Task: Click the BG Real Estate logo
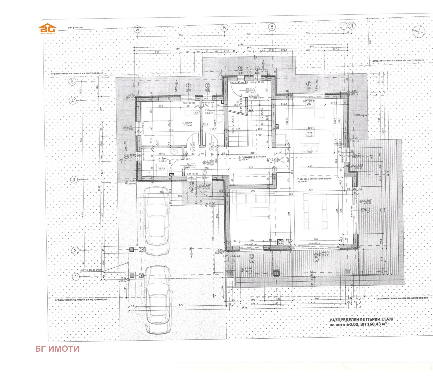click(x=48, y=29)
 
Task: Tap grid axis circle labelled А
click(x=138, y=29)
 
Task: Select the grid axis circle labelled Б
click(x=224, y=27)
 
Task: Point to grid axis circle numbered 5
click(x=72, y=81)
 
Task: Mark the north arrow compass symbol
click(x=418, y=32)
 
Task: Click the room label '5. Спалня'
click(x=187, y=124)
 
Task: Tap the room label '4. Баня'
click(x=162, y=160)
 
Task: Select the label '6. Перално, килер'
click(x=214, y=111)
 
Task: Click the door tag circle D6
click(x=252, y=90)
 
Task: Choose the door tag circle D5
click(x=271, y=160)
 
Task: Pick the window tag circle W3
click(x=126, y=128)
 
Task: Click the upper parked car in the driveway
click(x=156, y=220)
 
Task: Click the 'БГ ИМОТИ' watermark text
click(x=57, y=349)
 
